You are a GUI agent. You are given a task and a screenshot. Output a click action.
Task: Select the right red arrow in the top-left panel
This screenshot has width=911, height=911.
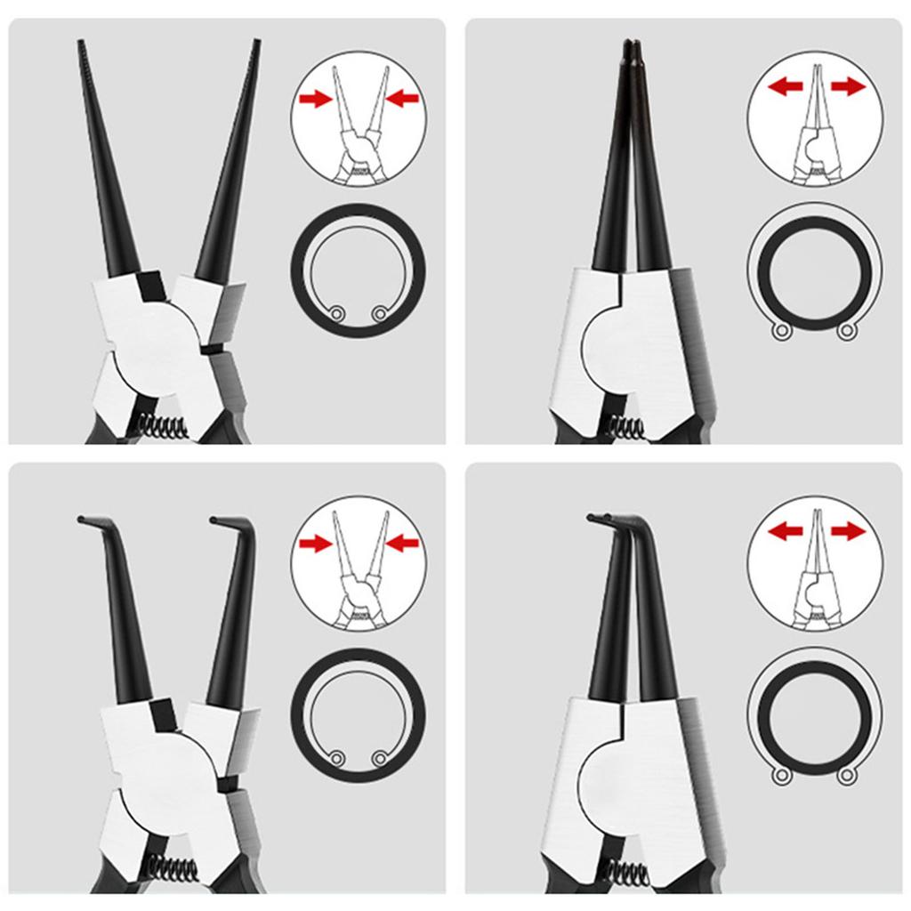pos(403,99)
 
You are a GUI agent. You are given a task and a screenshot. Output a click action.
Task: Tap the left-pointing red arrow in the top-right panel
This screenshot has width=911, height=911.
pos(786,86)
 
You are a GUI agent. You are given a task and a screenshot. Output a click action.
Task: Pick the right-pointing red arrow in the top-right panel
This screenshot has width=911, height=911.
pos(847,86)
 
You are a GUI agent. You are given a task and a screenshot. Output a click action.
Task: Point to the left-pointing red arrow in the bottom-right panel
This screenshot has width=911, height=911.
pos(786,532)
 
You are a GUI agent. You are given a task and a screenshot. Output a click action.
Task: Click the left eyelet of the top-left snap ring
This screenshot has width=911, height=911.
pos(335,313)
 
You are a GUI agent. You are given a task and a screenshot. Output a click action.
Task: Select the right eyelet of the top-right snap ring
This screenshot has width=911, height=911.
pos(845,332)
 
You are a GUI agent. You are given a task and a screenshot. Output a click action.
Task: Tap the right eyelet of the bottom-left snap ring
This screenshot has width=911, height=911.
pos(381,758)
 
